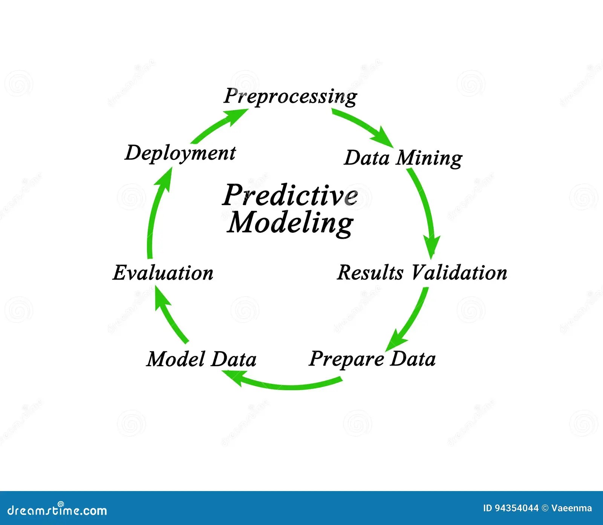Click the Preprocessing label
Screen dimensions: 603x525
coord(290,96)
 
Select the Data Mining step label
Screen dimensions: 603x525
coord(403,158)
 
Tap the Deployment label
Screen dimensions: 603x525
coord(180,154)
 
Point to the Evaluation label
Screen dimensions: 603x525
coord(163,273)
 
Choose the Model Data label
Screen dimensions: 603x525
coord(201,359)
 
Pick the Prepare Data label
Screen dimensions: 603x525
coord(372,359)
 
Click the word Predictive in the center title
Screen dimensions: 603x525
coord(290,195)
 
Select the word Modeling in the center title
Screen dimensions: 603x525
coord(290,223)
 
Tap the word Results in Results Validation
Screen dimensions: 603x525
coord(370,272)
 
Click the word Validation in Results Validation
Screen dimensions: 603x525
coord(459,272)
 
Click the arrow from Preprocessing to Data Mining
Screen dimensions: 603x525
coord(362,126)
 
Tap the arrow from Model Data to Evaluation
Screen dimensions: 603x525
coord(171,317)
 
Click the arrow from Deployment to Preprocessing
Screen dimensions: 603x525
coord(219,124)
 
